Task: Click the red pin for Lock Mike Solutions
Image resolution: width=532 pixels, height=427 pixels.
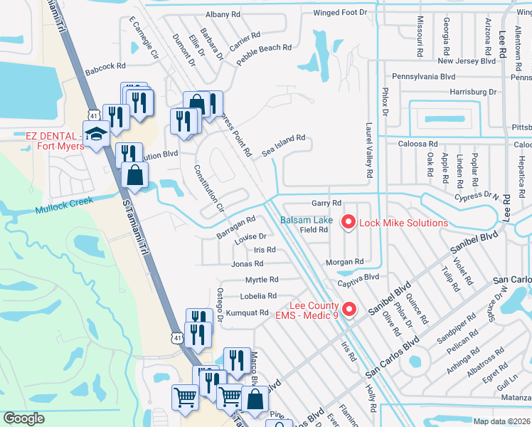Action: click(349, 223)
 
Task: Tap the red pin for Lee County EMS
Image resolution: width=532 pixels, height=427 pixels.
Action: click(349, 308)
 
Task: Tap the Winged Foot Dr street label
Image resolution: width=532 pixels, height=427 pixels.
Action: click(340, 13)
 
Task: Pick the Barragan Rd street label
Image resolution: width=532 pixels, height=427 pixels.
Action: click(235, 227)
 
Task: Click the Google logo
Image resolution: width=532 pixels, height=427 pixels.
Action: click(23, 418)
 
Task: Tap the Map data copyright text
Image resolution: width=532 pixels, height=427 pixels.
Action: click(501, 421)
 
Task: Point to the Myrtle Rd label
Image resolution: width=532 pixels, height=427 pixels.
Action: click(262, 280)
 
